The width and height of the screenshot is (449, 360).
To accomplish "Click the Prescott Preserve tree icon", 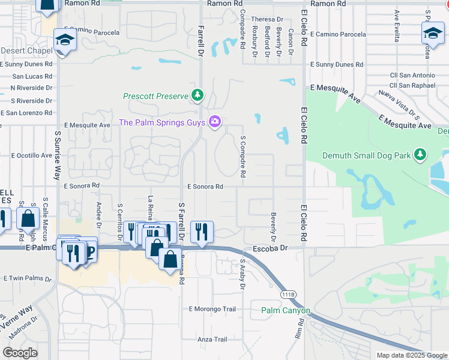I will (197, 95).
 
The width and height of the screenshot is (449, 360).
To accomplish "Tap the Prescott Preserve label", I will (156, 95).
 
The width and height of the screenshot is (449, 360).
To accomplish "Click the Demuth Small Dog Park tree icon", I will (420, 155).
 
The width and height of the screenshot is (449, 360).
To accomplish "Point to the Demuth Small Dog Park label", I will (367, 155).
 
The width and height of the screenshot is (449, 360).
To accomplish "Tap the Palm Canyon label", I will (286, 311).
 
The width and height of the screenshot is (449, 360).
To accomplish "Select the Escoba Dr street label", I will (271, 247).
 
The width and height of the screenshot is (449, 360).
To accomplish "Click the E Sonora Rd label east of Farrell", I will (205, 187).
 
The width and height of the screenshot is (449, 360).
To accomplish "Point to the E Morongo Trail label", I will (212, 310).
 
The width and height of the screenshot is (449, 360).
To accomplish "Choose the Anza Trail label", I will (212, 340).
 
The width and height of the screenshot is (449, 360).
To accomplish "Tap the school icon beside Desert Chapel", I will (62, 41).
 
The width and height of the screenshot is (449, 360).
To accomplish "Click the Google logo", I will (20, 353).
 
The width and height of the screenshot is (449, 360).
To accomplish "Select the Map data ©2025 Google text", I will (411, 355).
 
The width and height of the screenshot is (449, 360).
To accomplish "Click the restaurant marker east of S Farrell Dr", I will (202, 230).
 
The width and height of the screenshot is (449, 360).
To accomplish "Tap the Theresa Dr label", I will (267, 19).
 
